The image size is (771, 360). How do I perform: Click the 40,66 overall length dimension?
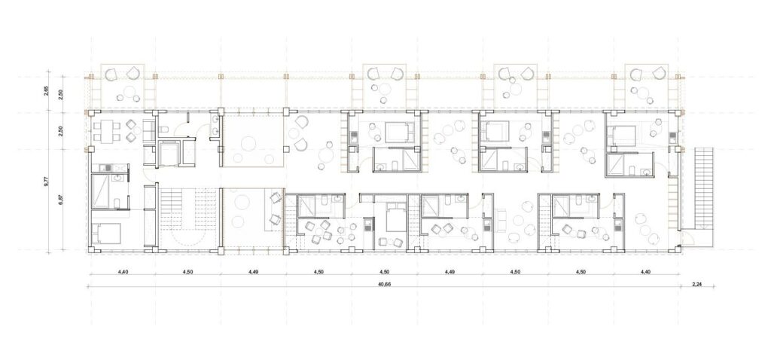(x=385, y=283)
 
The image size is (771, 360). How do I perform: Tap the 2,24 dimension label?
(x=697, y=283)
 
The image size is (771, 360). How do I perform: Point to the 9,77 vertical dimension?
(x=47, y=181)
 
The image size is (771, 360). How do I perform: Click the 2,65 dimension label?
(x=47, y=92)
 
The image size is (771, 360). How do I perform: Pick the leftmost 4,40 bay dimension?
(x=123, y=271)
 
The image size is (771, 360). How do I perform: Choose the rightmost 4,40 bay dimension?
(x=645, y=271)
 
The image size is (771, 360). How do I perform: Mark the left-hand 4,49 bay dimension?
(x=253, y=271)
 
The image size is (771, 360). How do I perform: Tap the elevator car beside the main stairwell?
(x=170, y=154)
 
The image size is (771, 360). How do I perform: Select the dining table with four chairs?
(x=107, y=131)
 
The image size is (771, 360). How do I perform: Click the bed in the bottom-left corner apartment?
(x=107, y=233)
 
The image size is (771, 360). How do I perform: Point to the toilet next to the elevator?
(x=165, y=129)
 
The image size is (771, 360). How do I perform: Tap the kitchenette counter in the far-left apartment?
(x=109, y=168)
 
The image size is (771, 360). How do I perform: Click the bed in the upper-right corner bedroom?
(x=623, y=133)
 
